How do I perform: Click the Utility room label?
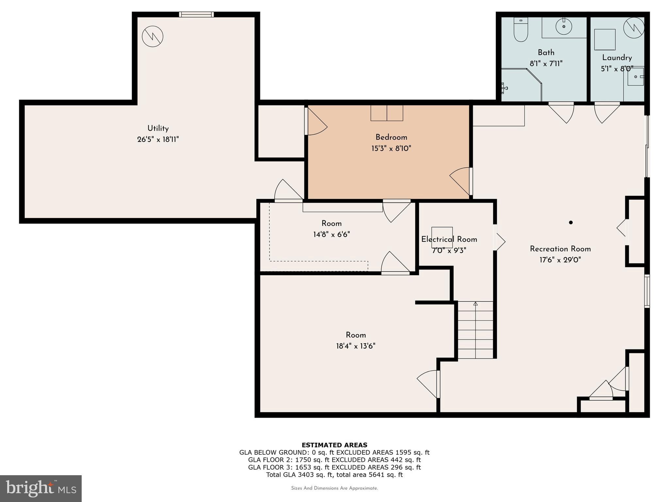[x=158, y=128]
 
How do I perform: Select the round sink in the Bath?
[x=564, y=26]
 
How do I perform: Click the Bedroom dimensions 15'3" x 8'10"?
[x=391, y=148]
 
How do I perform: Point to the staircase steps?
[x=475, y=330]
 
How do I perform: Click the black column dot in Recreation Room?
[x=571, y=223]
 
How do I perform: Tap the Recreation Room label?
[x=560, y=249]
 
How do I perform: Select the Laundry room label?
[x=617, y=58]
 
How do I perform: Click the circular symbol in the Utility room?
[x=153, y=36]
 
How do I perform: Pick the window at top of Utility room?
[x=196, y=14]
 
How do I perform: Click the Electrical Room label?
[x=449, y=240]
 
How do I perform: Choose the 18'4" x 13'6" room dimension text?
[x=356, y=346]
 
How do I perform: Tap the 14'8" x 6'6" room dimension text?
[x=332, y=235]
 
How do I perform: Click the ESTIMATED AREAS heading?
[x=334, y=445]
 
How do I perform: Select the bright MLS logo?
[x=41, y=488]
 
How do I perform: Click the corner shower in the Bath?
[x=519, y=85]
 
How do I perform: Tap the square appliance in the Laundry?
[x=605, y=40]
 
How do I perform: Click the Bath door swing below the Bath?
[x=563, y=113]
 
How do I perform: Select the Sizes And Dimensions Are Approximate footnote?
[x=334, y=488]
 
